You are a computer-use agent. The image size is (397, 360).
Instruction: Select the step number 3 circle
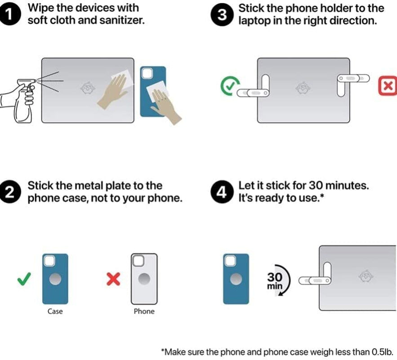point(222,15)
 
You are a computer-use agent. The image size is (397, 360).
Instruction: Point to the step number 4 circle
point(222,192)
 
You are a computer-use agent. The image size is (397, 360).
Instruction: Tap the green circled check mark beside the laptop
point(230,86)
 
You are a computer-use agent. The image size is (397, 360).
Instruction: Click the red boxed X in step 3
point(388,85)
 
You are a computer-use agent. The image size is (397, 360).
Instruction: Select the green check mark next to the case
point(24,279)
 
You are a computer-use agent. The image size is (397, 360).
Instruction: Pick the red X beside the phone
point(113,279)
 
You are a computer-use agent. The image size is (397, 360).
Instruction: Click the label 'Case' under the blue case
point(55,311)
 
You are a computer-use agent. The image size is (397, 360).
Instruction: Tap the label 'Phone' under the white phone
point(144,311)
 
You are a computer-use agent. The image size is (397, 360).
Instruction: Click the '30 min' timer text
point(275,281)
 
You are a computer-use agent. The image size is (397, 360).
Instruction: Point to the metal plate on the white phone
point(144,279)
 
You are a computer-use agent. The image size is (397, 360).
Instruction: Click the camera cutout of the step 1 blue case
point(147,73)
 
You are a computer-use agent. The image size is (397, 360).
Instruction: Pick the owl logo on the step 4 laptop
point(366,277)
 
